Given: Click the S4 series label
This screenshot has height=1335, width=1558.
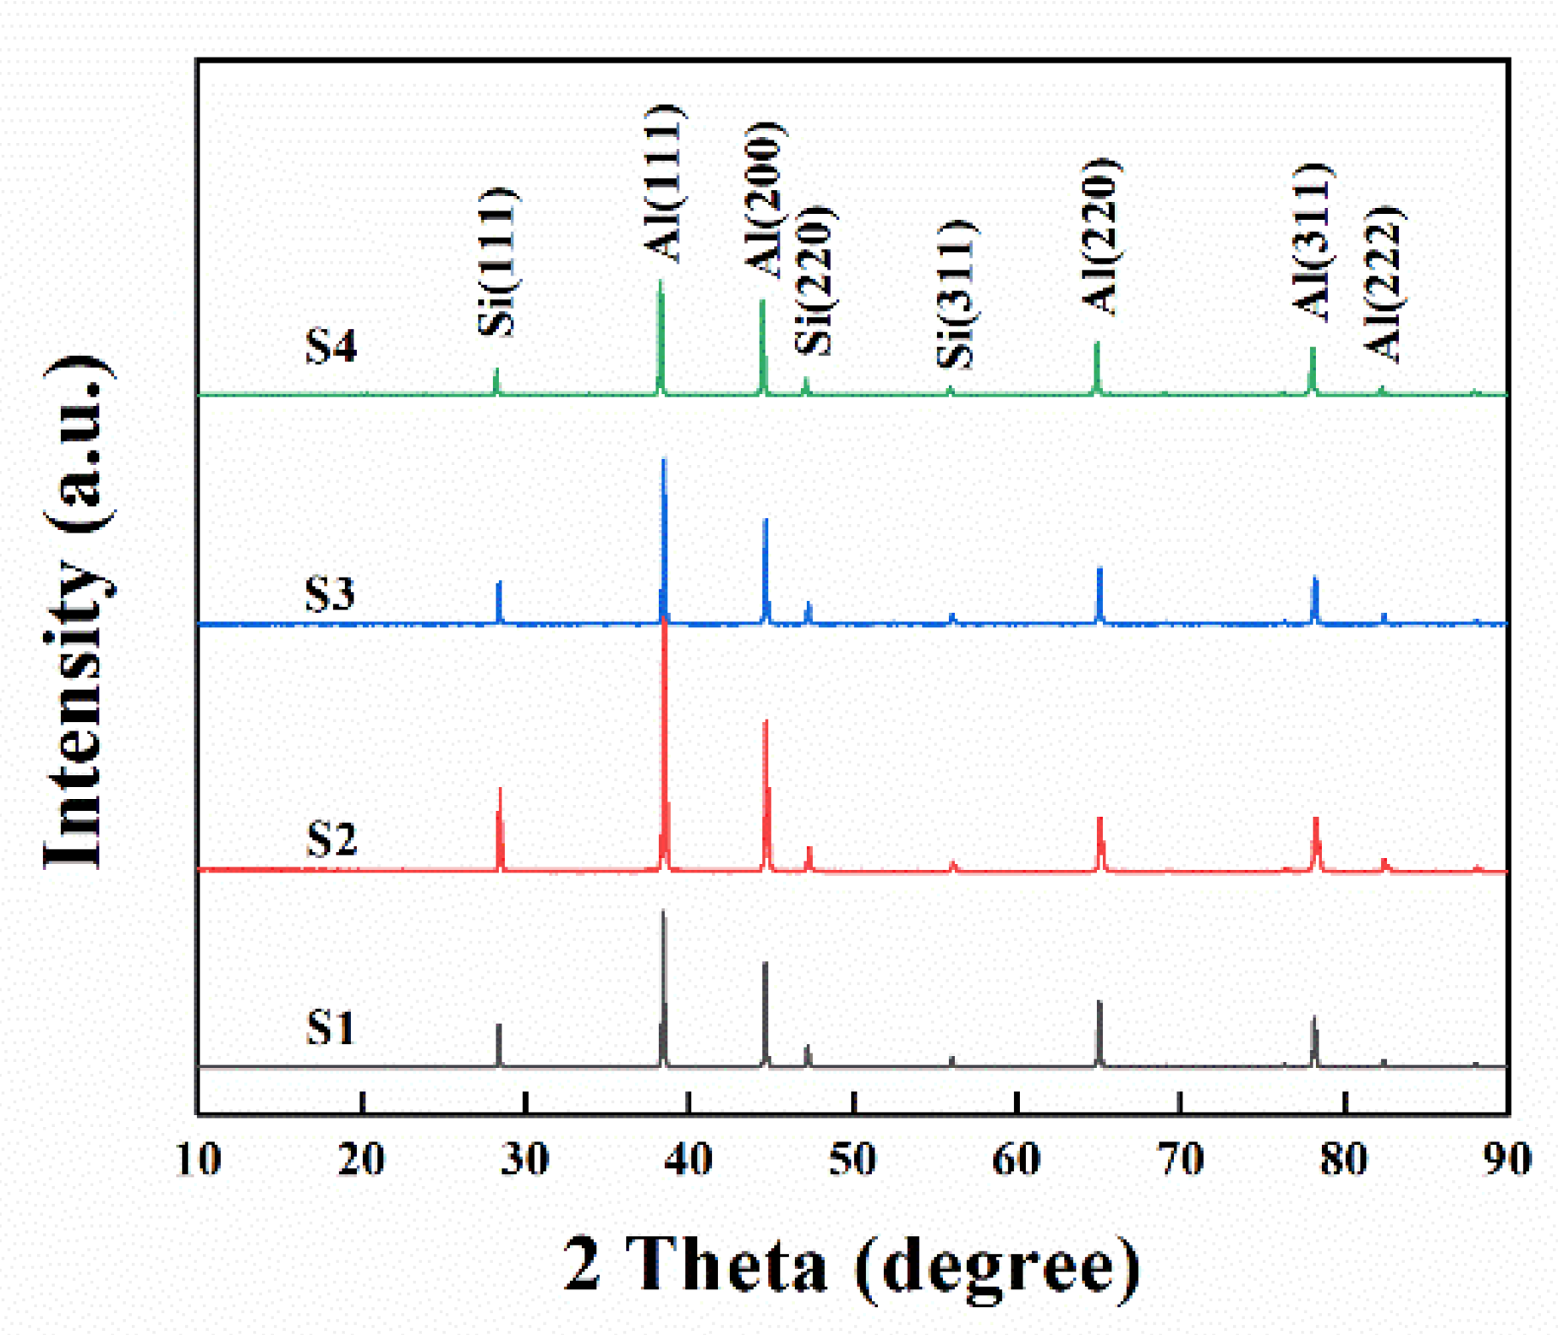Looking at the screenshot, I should point(331,347).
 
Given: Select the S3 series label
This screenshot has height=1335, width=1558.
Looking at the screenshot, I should point(330,594).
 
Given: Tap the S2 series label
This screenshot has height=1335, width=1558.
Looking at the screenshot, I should point(331,839).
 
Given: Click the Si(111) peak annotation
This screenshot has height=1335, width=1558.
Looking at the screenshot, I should point(496,262).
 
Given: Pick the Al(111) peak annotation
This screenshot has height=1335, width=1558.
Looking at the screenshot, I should point(662,182).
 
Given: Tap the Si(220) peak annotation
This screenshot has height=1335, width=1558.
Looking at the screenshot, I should point(815,279).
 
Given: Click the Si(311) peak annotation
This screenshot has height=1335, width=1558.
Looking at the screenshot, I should point(956,293).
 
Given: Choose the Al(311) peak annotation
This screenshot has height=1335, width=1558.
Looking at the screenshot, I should point(1313,243).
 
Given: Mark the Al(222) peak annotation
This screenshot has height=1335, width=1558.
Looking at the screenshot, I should point(1384,284).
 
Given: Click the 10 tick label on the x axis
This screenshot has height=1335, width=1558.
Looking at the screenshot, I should point(198,1159).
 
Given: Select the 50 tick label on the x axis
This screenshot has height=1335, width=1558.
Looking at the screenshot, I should point(853,1159).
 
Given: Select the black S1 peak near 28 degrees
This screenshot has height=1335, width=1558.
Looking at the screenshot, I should point(499,1026).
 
